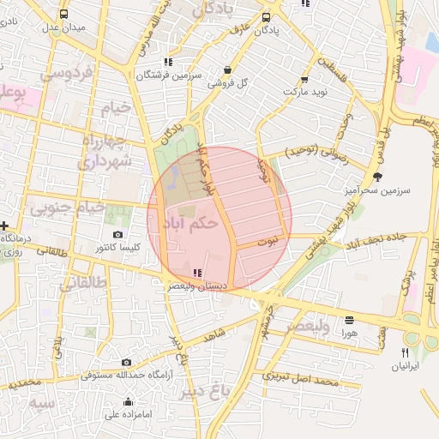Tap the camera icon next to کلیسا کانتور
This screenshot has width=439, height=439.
coord(117,235)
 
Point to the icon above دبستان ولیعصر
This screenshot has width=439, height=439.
coord(198,273)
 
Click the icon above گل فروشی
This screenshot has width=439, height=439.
coord(226,70)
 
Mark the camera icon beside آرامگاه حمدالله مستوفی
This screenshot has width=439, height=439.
coord(127,363)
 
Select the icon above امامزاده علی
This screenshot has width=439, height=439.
coord(128,402)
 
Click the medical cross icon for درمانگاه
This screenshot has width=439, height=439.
coord(5,225)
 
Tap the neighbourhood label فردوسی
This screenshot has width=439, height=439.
coord(65,75)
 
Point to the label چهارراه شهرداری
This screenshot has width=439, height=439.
coord(106,149)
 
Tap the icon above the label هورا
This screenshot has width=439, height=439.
coord(348,319)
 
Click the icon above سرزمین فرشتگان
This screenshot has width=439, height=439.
coord(167,62)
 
